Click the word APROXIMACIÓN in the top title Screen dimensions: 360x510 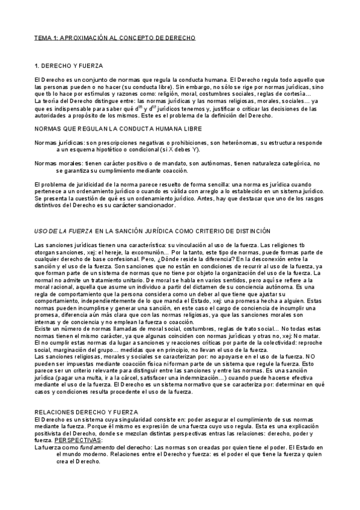pos(85,37)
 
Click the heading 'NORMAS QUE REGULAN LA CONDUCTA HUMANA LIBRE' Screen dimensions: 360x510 pos(118,129)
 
